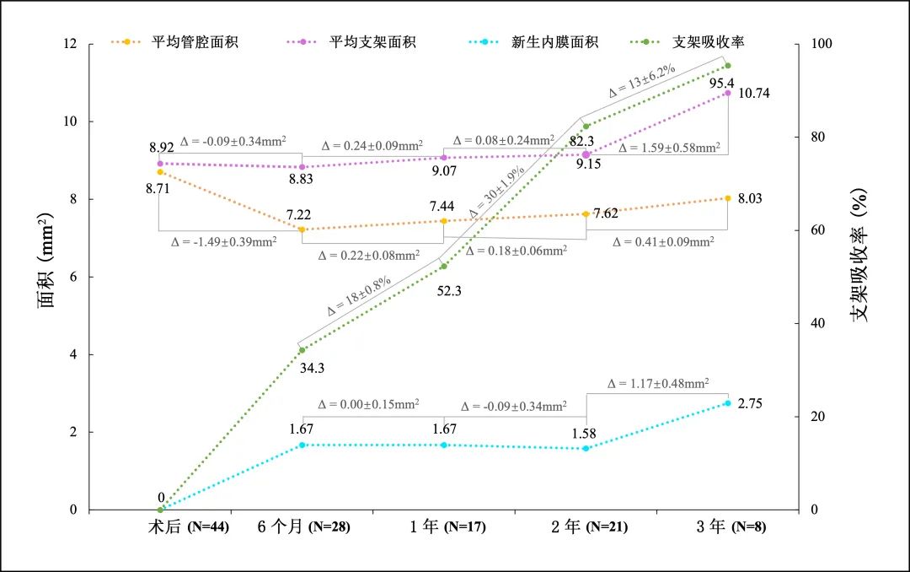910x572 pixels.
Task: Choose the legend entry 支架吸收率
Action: pyautogui.click(x=708, y=41)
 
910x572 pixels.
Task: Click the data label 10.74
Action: pyautogui.click(x=753, y=93)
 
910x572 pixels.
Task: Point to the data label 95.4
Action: pyautogui.click(x=720, y=83)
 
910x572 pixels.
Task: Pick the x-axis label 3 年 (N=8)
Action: pyautogui.click(x=729, y=527)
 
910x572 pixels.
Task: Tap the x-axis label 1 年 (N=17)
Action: pyautogui.click(x=447, y=527)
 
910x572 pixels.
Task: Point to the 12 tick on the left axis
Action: pyautogui.click(x=71, y=44)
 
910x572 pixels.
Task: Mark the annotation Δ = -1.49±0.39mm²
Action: pyautogui.click(x=224, y=241)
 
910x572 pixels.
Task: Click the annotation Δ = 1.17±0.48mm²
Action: pyautogui.click(x=658, y=383)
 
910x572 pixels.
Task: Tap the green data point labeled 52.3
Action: pyautogui.click(x=444, y=267)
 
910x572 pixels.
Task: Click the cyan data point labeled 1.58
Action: pyautogui.click(x=586, y=448)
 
